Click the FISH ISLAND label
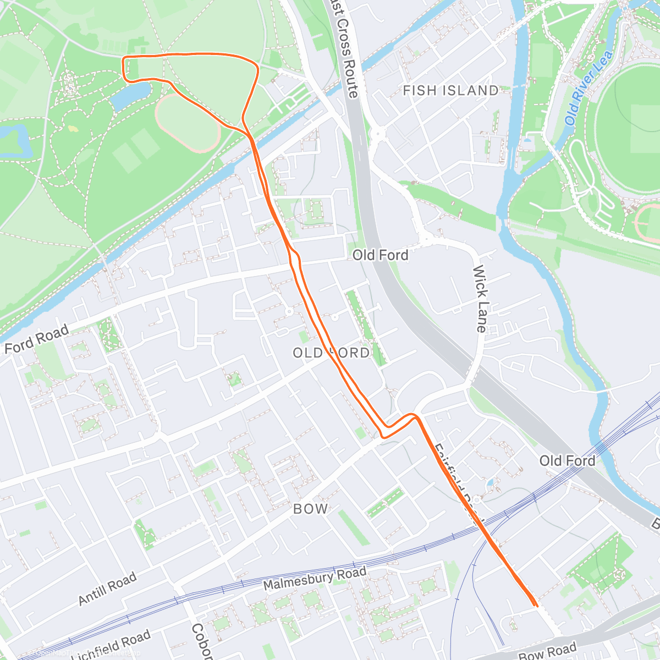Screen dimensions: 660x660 (x=450, y=91)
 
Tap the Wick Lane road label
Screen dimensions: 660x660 (x=480, y=299)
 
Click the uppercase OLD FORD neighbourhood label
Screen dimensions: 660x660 (x=331, y=353)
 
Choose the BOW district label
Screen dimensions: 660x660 (x=311, y=509)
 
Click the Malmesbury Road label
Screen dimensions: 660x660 (x=315, y=579)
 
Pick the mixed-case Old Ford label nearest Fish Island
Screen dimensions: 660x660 (x=380, y=255)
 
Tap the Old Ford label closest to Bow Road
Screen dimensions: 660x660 (x=567, y=461)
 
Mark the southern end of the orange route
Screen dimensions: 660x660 (x=535, y=604)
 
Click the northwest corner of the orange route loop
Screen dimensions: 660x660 (x=123, y=58)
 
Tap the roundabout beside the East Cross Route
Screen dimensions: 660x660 (x=377, y=133)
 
